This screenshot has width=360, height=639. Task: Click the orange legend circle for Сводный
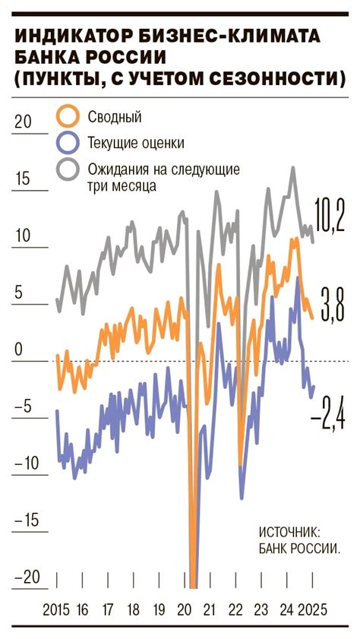68,116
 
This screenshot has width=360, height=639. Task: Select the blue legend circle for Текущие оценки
68,142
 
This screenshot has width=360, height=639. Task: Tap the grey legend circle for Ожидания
68,168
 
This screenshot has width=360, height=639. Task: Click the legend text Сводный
115,117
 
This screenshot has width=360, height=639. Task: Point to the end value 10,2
329,216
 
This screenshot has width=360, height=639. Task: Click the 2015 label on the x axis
56,609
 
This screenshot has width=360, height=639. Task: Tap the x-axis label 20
184,609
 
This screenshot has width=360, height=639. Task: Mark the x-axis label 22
235,609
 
